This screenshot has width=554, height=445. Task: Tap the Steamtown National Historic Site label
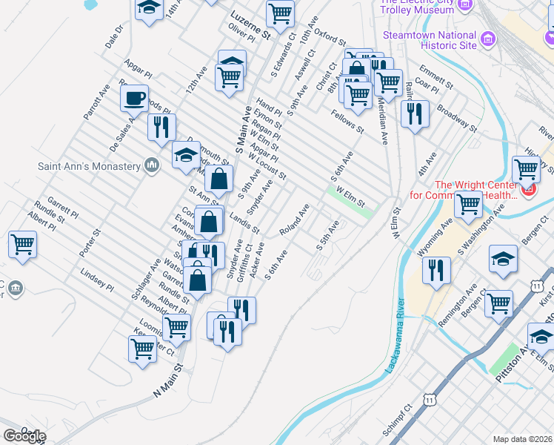pyautogui.click(x=430, y=40)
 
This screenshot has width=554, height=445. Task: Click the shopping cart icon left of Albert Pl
pyautogui.click(x=22, y=244)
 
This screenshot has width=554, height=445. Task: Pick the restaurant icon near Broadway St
pyautogui.click(x=414, y=114)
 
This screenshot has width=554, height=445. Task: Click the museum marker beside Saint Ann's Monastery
pyautogui.click(x=153, y=164)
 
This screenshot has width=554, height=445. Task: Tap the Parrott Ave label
pyautogui.click(x=96, y=101)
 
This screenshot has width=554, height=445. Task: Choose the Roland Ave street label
pyautogui.click(x=294, y=220)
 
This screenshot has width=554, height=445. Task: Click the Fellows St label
pyautogui.click(x=348, y=122)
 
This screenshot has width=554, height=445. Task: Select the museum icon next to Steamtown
pyautogui.click(x=488, y=38)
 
